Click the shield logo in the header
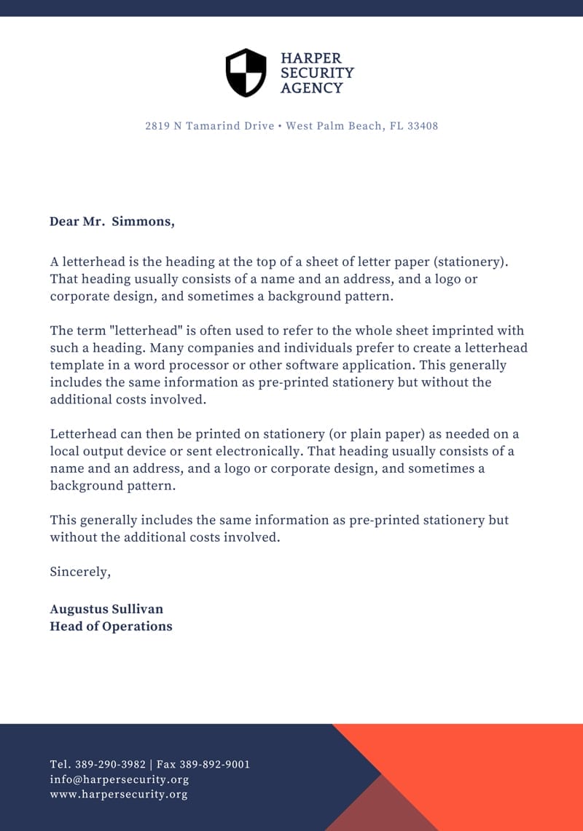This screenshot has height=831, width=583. (246, 73)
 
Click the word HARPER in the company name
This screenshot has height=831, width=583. (310, 58)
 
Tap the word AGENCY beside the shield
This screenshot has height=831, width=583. (311, 88)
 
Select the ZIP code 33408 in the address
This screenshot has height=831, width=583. (423, 126)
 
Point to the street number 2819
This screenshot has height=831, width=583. (157, 126)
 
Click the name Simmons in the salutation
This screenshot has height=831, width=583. (143, 221)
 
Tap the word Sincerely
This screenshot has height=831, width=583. (80, 572)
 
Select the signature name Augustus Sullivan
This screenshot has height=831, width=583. (106, 609)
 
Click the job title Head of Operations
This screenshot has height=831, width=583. (111, 626)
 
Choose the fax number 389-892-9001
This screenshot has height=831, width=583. (214, 765)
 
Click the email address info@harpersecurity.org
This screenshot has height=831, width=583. (120, 779)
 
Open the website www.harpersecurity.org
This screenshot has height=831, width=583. (119, 795)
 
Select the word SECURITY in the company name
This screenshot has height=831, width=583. (317, 73)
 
